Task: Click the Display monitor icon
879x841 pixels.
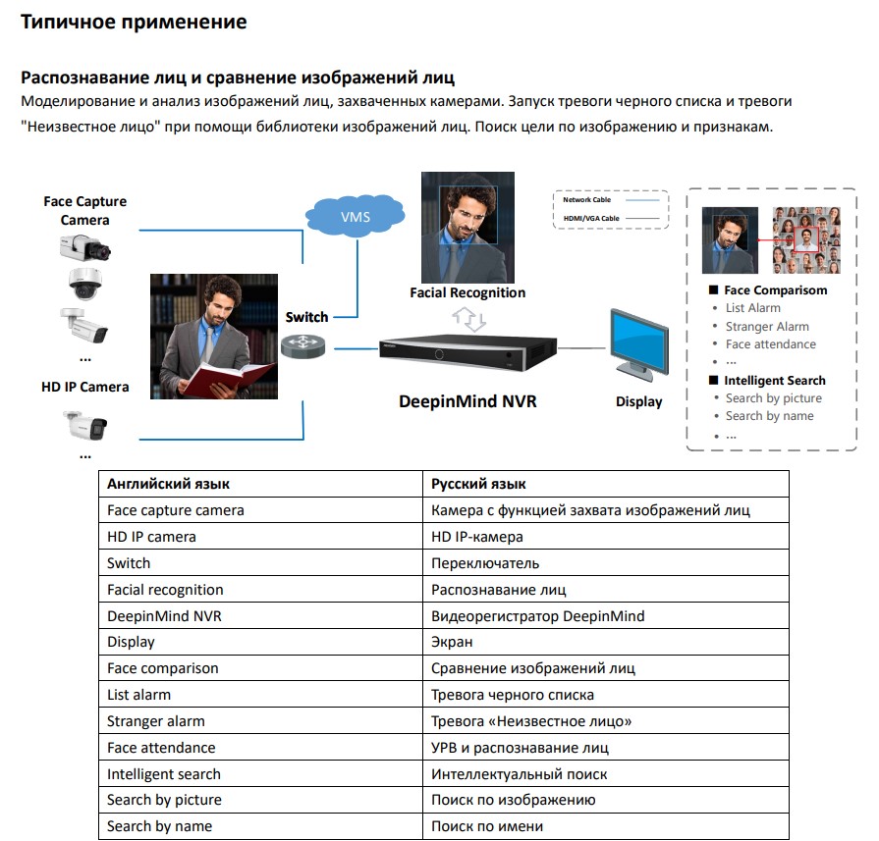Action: click(x=638, y=344)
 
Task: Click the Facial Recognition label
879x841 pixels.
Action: click(x=467, y=292)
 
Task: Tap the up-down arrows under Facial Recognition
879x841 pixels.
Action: click(x=468, y=318)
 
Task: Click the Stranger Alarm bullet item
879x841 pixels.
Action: click(x=767, y=327)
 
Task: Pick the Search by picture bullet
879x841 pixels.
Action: click(x=773, y=398)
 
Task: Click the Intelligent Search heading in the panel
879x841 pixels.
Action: click(x=774, y=381)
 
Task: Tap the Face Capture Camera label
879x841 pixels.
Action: click(x=84, y=210)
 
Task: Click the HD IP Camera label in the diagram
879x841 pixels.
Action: click(x=84, y=387)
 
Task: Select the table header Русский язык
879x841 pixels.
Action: click(x=478, y=484)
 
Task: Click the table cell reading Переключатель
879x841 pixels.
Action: click(x=485, y=563)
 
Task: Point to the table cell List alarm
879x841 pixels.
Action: click(x=138, y=695)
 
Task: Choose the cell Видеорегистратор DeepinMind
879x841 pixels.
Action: click(x=537, y=616)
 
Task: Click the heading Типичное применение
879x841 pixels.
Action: click(x=134, y=22)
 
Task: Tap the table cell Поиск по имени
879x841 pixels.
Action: click(x=487, y=826)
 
